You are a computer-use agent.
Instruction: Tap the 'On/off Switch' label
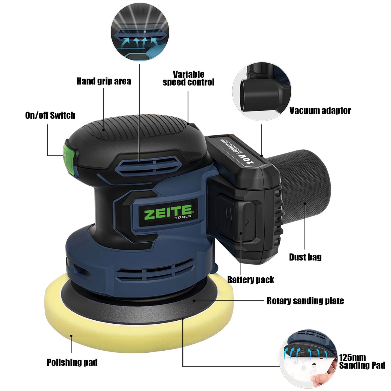tap(50, 116)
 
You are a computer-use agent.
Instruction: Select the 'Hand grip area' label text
tap(104, 81)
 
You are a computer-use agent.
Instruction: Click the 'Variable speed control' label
tap(189, 78)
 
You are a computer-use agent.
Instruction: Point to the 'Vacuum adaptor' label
tap(320, 111)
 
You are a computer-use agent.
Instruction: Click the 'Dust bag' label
tap(305, 257)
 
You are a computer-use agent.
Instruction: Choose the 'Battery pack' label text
tap(251, 280)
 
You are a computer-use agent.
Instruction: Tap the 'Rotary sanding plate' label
tap(305, 301)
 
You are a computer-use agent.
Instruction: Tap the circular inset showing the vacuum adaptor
tap(262, 91)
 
